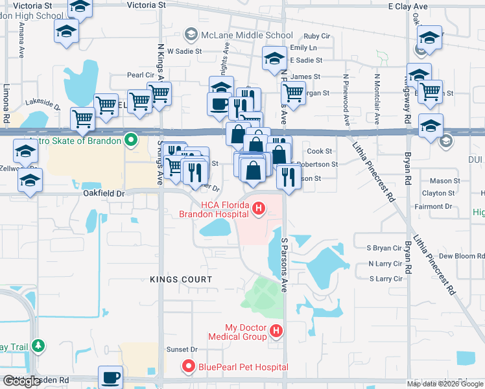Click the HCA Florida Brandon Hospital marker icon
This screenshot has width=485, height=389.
[x=259, y=208]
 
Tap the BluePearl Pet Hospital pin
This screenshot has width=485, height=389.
[x=189, y=367]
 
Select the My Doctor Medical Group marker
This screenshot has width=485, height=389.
[x=276, y=331]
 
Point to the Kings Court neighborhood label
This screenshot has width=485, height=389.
[x=180, y=279]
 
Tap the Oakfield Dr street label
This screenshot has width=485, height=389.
[x=103, y=193]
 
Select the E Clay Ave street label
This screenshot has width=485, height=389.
[x=408, y=6]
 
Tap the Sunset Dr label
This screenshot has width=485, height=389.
[x=182, y=349]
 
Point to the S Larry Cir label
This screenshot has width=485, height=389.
[x=385, y=279]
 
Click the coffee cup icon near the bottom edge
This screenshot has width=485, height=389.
[x=110, y=377]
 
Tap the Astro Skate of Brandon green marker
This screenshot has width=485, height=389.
[x=131, y=140]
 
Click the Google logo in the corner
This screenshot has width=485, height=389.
[x=21, y=382]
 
